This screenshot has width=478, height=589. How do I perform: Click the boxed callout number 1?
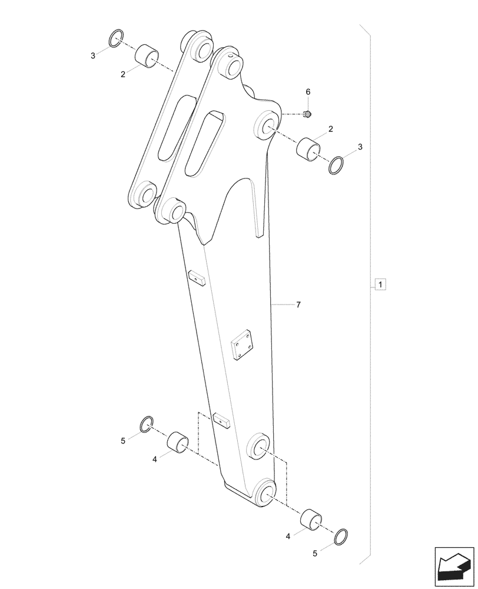coord(381,286)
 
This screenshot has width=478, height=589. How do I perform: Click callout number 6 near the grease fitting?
coord(307,92)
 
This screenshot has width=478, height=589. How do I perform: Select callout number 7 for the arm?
coord(298,305)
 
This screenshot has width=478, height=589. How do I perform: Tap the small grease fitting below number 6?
coord(307,113)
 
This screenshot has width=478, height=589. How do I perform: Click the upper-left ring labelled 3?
coord(117,39)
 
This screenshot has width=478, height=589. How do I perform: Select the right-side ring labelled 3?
coord(337,165)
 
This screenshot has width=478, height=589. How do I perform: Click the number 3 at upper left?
coord(93,56)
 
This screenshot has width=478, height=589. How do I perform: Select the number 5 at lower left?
coord(123,441)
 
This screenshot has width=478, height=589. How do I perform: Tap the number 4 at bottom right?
coord(288,537)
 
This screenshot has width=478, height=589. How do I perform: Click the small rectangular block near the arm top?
coord(196,277)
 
